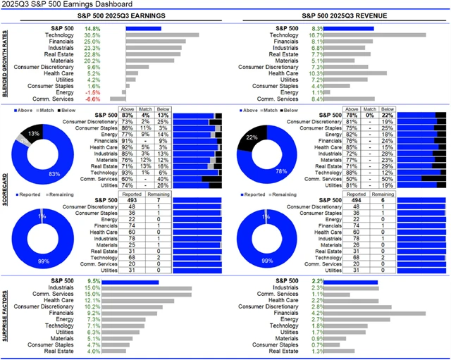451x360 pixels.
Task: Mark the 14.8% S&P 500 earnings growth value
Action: [92, 28]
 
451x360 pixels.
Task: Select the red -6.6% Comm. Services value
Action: [92, 99]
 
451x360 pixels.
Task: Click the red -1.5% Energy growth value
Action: [92, 92]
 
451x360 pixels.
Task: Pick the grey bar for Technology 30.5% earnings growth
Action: [162, 35]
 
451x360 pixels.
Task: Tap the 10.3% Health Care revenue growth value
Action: [316, 73]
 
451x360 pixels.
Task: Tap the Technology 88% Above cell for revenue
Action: [352, 172]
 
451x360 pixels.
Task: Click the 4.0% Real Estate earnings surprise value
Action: [92, 350]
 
